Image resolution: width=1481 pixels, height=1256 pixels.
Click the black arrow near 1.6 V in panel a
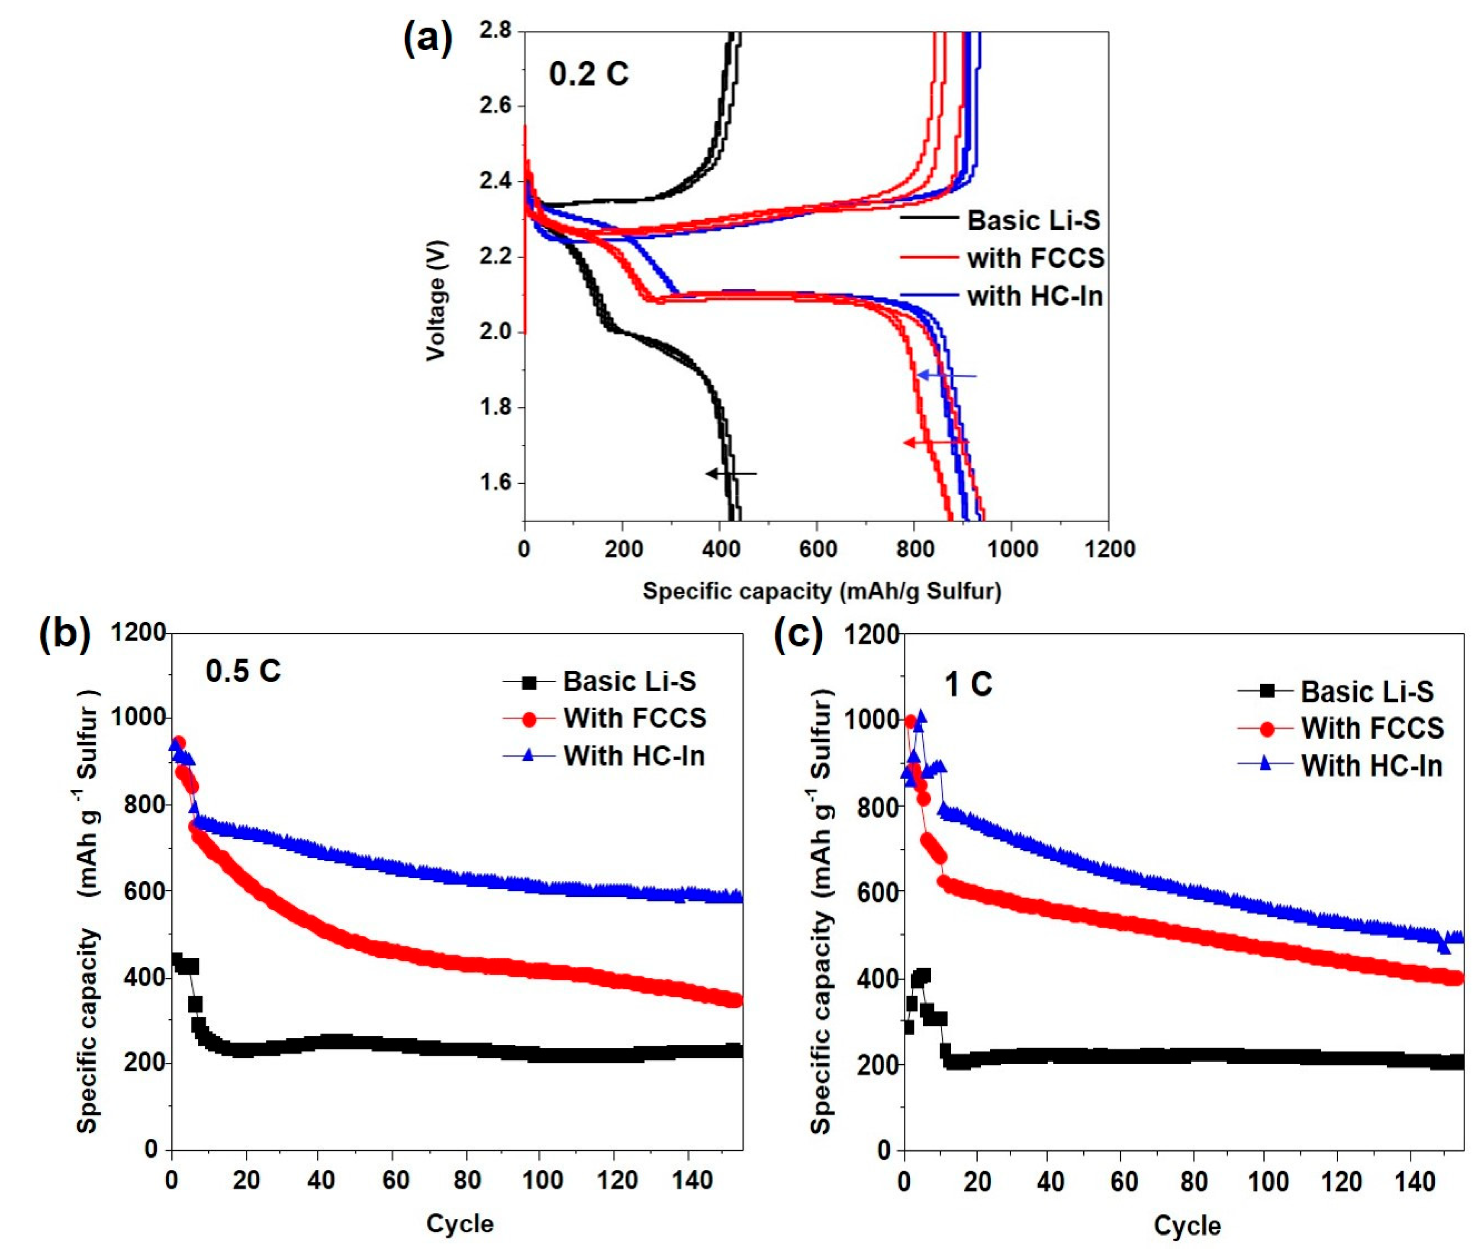click(731, 473)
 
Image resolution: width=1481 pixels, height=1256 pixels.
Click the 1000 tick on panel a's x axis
click(1011, 549)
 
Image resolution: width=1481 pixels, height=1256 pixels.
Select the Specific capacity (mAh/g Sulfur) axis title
click(822, 591)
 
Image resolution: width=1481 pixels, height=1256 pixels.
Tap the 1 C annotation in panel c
click(968, 685)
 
